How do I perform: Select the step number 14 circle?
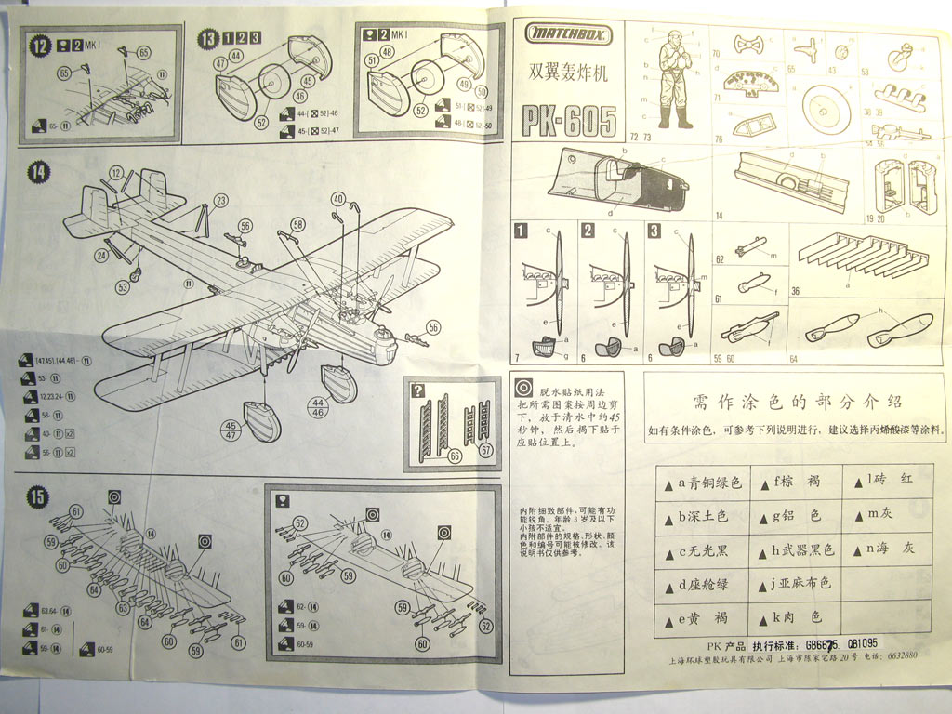tap(39, 173)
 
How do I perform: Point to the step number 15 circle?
tap(36, 497)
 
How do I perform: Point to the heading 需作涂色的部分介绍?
tap(797, 402)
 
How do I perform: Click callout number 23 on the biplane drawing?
tap(220, 200)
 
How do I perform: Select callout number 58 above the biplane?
tap(297, 224)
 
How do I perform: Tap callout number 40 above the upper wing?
tap(338, 198)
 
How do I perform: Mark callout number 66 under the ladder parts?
tap(455, 456)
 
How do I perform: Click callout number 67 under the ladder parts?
tap(486, 450)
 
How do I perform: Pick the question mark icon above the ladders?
tap(418, 390)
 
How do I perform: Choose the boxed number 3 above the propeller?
tap(654, 231)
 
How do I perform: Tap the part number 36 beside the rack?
tap(796, 291)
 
